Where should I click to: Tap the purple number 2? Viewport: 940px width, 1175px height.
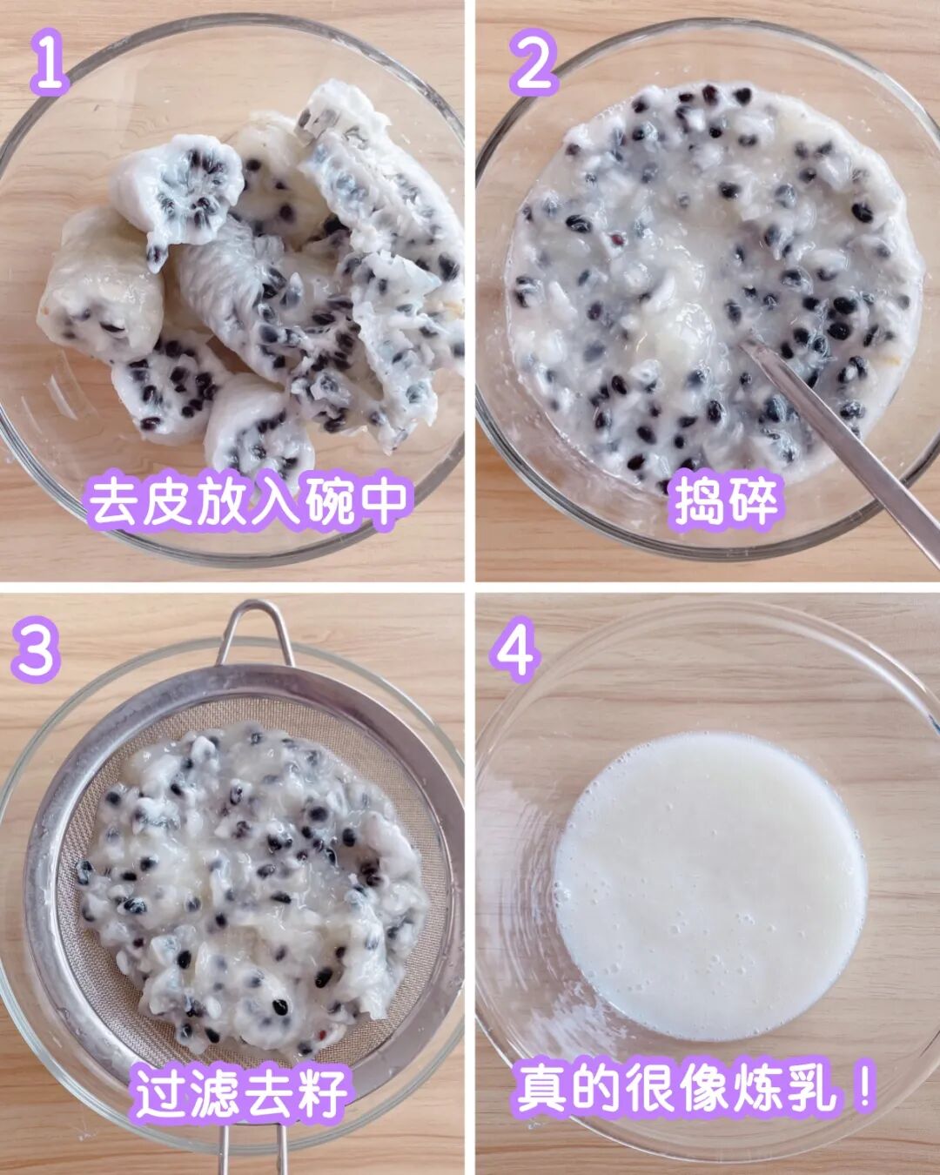[534, 62]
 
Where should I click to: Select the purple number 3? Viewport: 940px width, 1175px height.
[36, 651]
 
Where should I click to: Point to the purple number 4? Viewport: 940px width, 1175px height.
[514, 650]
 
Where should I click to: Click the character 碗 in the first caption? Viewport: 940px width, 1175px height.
[329, 501]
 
